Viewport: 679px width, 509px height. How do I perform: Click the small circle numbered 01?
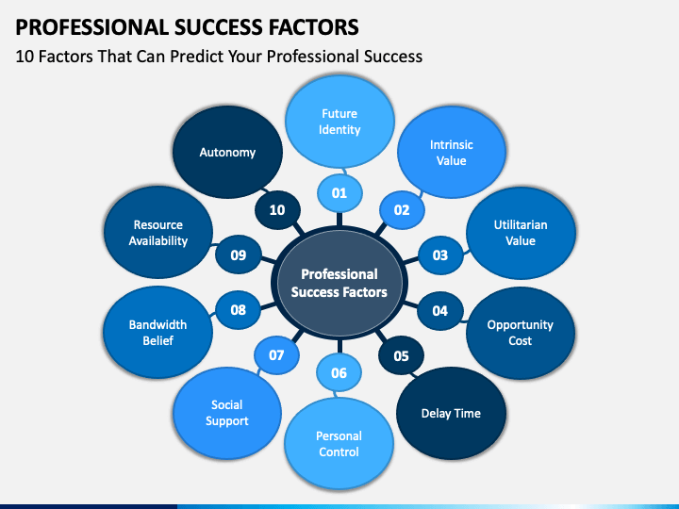pos(339,193)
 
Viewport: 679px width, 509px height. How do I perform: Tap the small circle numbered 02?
pos(402,210)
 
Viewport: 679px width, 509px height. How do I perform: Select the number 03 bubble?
pos(440,254)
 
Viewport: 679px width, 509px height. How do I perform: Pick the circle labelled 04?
pos(440,311)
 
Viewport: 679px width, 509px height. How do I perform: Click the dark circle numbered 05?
pos(401,355)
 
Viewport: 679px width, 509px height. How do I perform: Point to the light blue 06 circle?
pos(339,372)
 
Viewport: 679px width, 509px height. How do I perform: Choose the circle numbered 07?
pos(276,355)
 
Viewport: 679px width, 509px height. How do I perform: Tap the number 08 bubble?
pos(239,310)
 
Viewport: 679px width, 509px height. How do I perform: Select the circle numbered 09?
pos(239,254)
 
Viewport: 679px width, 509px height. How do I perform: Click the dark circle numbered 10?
pos(277,210)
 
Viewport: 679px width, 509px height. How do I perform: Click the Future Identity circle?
pos(339,122)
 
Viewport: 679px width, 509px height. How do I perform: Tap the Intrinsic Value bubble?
pos(451,153)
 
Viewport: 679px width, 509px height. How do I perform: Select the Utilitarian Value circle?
pos(521,233)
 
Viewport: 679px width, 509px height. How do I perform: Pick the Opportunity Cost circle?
pos(520,333)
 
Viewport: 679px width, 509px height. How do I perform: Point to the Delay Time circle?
pos(451,414)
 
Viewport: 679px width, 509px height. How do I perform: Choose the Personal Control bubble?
pos(339,444)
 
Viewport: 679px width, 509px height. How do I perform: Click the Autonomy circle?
pos(227,153)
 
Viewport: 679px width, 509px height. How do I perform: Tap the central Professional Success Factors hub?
pos(339,283)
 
